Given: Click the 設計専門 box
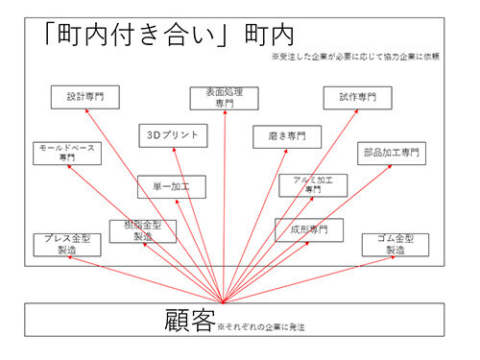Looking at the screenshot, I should (x=84, y=96).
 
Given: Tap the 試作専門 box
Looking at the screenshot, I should (x=363, y=97).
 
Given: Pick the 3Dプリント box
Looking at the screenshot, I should (x=171, y=134).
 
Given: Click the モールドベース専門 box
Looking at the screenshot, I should (x=66, y=153).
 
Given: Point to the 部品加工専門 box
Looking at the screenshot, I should (x=393, y=153).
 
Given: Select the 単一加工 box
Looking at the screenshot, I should (x=171, y=187).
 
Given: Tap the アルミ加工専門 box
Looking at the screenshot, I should (x=313, y=184).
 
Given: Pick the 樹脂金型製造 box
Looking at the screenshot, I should (x=144, y=230).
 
